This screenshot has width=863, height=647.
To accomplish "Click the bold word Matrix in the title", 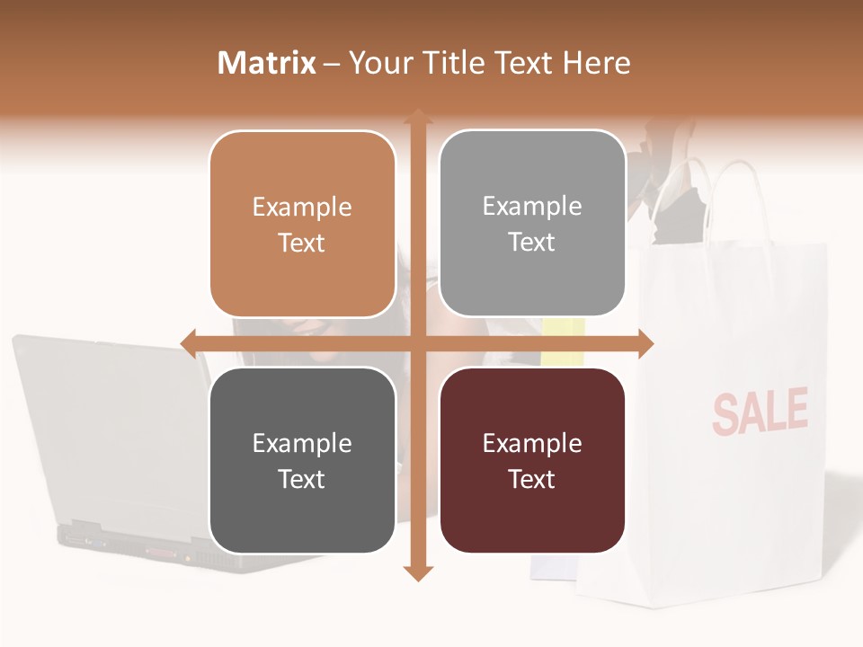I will pyautogui.click(x=267, y=63).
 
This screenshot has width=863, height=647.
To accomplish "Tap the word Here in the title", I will pyautogui.click(x=597, y=63).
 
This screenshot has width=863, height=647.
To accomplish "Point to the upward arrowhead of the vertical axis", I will pyautogui.click(x=417, y=117).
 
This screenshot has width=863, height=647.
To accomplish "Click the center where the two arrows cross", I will pyautogui.click(x=417, y=343).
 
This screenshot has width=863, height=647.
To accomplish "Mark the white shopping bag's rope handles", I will pyautogui.click(x=719, y=193).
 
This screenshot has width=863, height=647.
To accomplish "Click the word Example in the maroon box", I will pyautogui.click(x=532, y=443).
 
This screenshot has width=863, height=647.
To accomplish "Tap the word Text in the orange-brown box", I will pyautogui.click(x=302, y=243).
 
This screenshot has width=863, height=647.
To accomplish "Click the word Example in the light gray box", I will pyautogui.click(x=532, y=207).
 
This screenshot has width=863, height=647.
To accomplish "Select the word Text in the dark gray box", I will pyautogui.click(x=302, y=479).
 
